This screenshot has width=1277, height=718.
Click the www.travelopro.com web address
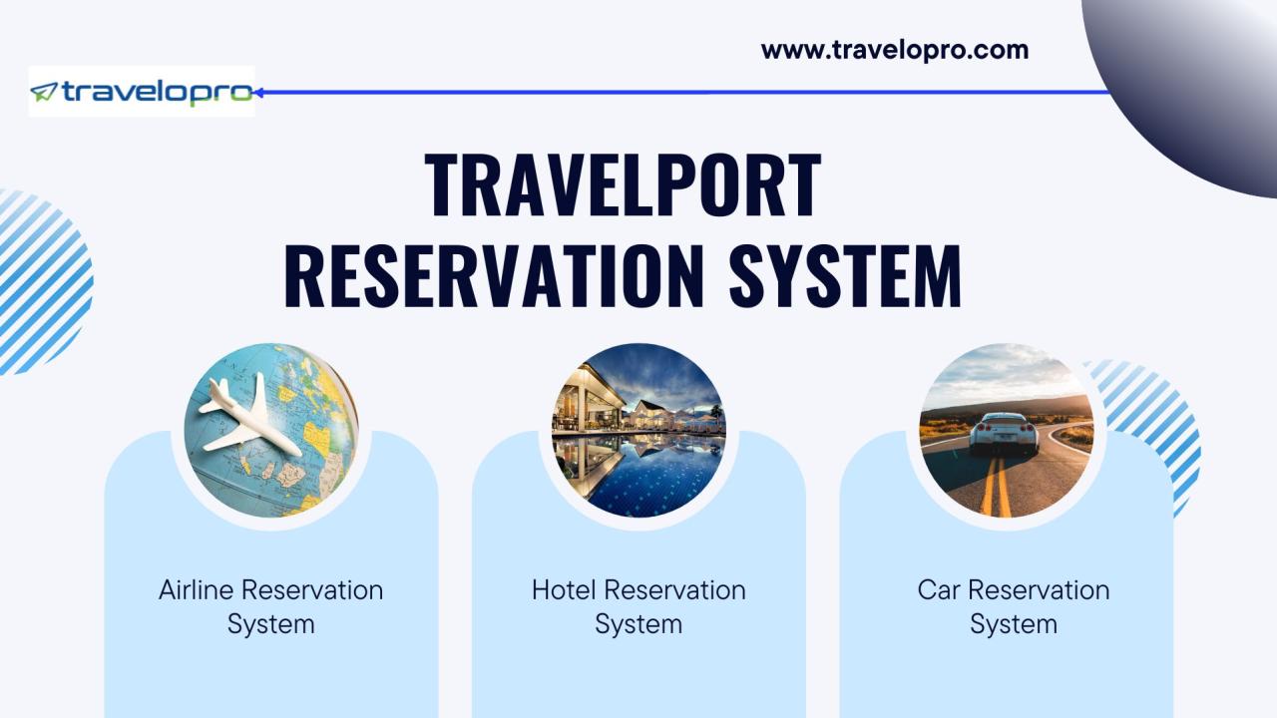tap(895, 50)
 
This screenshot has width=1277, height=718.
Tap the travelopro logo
tap(142, 91)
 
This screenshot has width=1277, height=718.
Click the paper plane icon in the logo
tap(43, 92)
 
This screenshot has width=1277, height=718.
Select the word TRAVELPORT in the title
tap(623, 185)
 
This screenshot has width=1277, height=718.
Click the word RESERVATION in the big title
tap(494, 276)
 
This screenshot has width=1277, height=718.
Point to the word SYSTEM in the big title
tap(845, 276)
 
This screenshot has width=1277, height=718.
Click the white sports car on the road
tap(1004, 433)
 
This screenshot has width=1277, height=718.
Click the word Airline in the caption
tap(197, 589)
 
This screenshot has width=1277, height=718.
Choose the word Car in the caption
tap(939, 589)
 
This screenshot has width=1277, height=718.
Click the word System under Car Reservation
tap(1014, 624)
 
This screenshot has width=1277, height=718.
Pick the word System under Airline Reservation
tap(270, 624)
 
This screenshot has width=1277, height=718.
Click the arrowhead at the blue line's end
tap(258, 93)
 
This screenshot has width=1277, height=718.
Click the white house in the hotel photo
tap(645, 413)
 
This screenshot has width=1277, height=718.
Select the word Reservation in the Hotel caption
tap(675, 589)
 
